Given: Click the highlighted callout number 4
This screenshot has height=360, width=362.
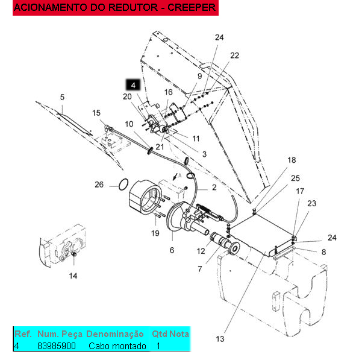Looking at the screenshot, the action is pos(133,85).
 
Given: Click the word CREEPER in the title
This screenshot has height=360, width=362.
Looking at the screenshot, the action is pos(192,7).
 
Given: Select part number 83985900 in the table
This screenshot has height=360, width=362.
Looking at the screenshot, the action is pos(57,346).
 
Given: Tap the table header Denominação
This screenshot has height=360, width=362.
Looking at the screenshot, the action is pos(114,334).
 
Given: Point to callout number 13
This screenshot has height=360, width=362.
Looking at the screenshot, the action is pos(220,339).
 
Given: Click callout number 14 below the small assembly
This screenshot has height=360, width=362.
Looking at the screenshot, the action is pos(73,276).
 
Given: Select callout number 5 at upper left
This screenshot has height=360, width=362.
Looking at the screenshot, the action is pos(62,97).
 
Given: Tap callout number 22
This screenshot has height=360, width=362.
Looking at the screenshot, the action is pos(234,55).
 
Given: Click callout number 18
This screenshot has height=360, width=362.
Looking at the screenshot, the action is pos(292,160).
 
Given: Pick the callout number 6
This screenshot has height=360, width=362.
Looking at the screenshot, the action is pos(172,250).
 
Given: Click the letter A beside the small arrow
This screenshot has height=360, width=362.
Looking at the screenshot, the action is pos(180,175).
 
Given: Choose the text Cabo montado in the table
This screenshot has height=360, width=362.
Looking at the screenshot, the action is pos(117,346).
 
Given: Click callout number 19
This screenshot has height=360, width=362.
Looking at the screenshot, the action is pos(155,233).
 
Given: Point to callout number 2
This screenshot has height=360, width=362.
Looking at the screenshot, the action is pos(214,188).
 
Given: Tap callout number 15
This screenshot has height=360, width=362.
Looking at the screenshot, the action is pos(96,113).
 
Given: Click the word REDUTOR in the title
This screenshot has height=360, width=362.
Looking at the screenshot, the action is pos(133,7).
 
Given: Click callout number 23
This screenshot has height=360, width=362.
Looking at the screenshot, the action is pos(311,203).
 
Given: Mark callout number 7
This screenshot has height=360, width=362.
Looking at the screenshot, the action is pos(200,269).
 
